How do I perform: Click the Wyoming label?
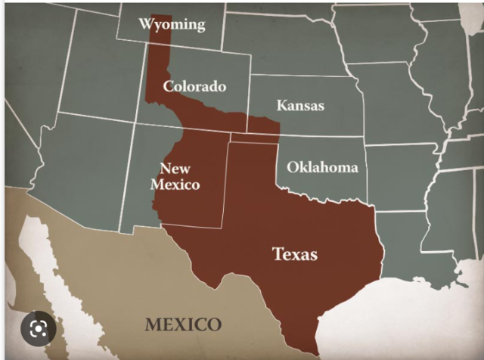[x=172, y=24]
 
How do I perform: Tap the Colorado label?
[x=194, y=86]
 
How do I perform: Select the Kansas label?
[x=299, y=105]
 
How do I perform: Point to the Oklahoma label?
[x=322, y=167]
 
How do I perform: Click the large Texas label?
[x=294, y=253]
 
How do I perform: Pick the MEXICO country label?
[x=184, y=325]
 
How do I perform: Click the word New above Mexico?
[x=175, y=167]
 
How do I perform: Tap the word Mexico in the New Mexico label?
[x=175, y=184]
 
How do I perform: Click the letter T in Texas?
[x=277, y=253]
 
